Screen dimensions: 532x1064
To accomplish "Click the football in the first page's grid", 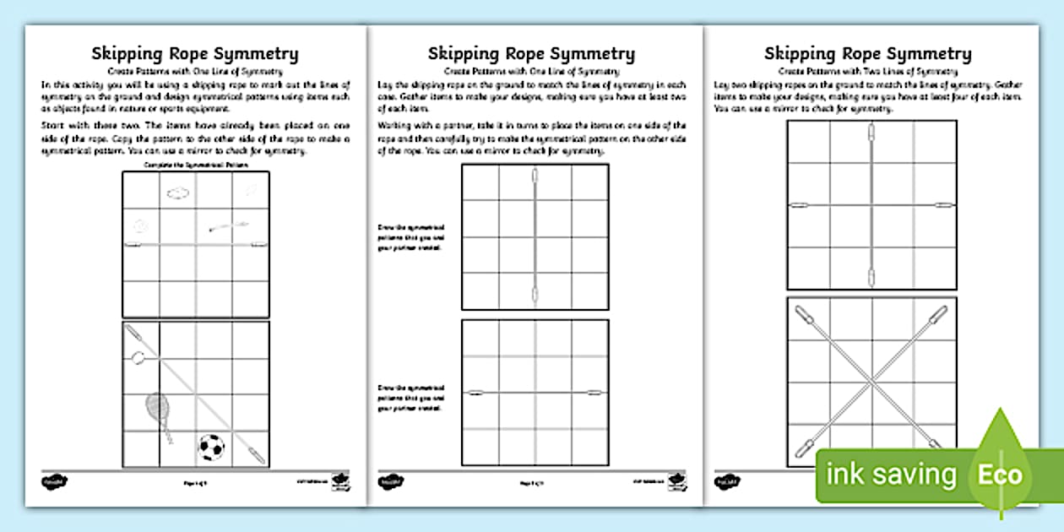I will pos(210,447).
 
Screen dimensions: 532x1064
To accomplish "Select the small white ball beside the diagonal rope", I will pos(138,358).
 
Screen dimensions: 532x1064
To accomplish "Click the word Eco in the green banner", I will pos(1001,474).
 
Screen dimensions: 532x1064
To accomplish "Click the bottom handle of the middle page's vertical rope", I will pos(534,295).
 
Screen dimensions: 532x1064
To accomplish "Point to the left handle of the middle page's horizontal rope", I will pos(475,393).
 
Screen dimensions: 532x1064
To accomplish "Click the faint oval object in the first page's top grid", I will pos(178,194).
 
